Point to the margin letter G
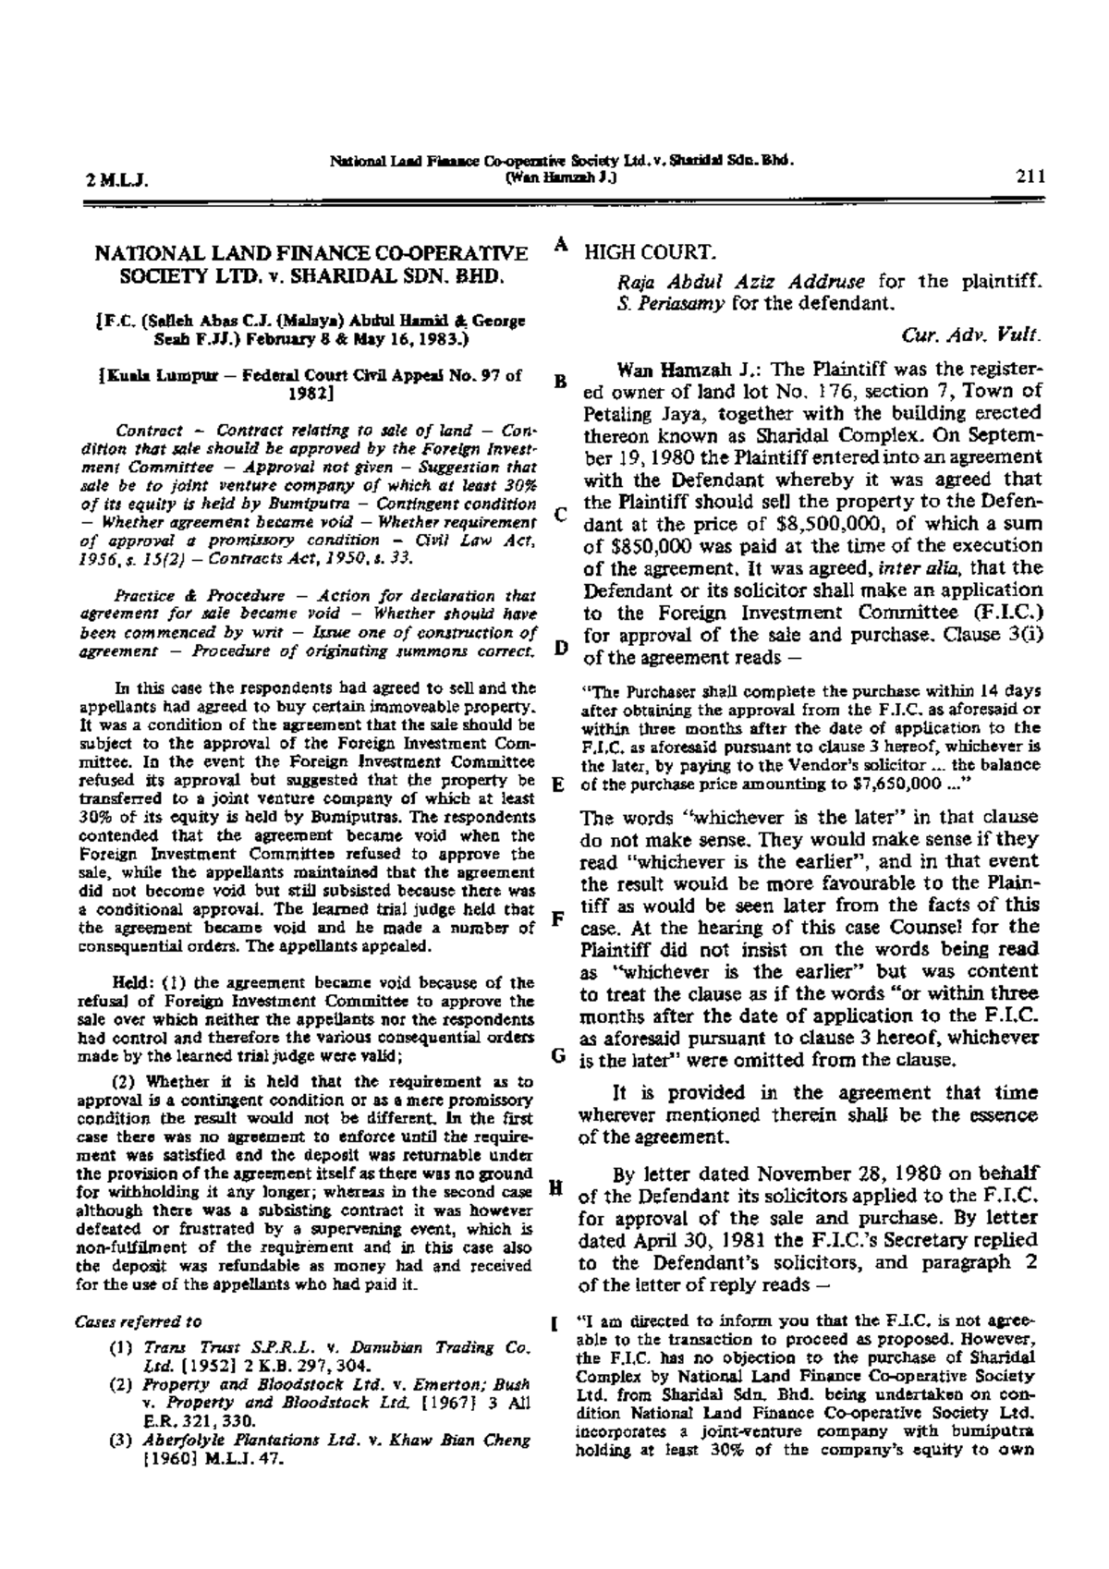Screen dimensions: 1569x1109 point(559,1053)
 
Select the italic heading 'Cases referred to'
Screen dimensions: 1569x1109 point(137,1320)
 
